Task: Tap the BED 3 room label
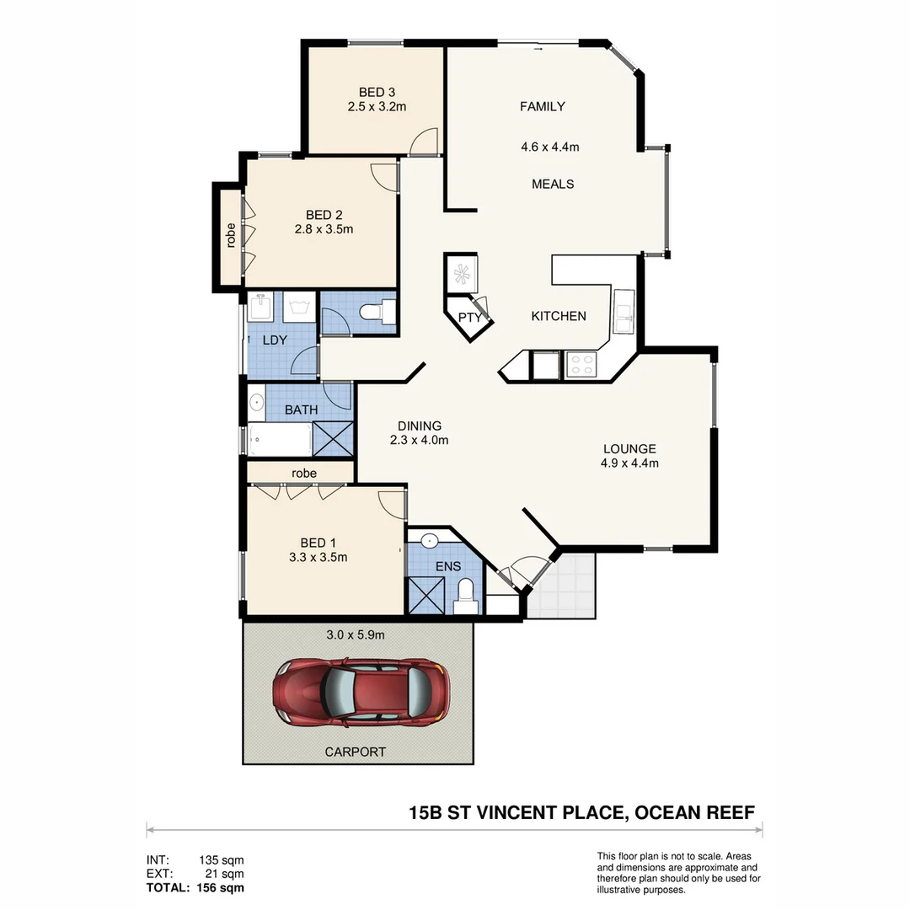pos(377,93)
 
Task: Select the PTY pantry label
pos(469,318)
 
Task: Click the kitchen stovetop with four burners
pos(581,364)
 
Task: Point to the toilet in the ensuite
pos(465,597)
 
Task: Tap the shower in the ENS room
pos(426,596)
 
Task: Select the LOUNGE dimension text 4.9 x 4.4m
pos(629,463)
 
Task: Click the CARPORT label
pos(356,752)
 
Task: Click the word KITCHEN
pos(558,316)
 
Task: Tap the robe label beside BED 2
pos(230,235)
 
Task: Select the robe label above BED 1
pos(304,474)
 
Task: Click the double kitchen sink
pos(624,312)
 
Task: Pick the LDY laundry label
pos(275,340)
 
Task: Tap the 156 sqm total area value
pos(221,887)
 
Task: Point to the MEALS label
pos(553,184)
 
